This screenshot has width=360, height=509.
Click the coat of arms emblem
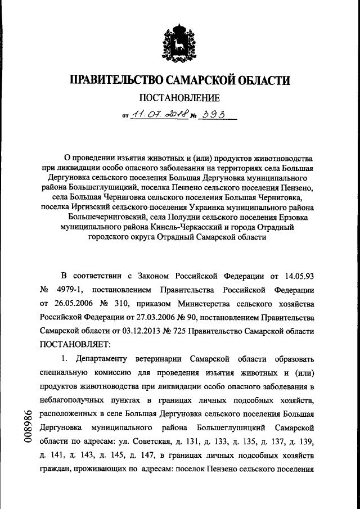coord(180,43)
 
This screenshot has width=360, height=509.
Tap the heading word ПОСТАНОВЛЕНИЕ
coord(179,98)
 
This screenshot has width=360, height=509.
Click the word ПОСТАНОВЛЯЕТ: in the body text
coord(76,344)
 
